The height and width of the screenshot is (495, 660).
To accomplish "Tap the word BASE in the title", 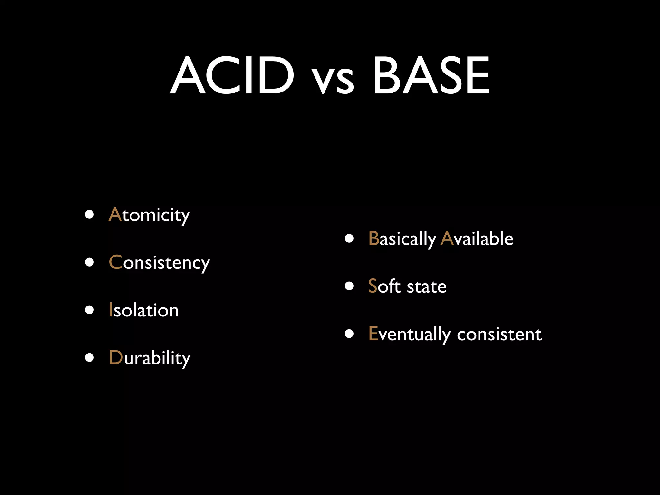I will coord(431,75).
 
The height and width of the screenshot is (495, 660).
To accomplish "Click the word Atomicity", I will coord(149,215).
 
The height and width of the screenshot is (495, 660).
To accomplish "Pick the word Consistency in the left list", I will coord(159,263).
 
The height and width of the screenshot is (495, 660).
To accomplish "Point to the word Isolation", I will coord(144,310).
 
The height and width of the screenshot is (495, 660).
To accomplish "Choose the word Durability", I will coord(150,358).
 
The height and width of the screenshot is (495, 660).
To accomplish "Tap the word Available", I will coord(477,238).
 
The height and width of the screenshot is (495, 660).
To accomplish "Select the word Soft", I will coord(384,286).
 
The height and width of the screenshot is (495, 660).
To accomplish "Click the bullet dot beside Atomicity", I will coord(89,215).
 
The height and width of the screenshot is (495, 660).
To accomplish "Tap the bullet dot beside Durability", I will coord(89,357).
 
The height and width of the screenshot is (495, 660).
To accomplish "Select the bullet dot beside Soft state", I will coord(349,286).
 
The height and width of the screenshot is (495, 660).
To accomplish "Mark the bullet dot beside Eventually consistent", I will coord(349,334).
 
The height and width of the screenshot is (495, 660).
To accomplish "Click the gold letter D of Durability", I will coord(116,358).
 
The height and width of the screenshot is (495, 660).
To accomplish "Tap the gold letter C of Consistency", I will coord(115,262).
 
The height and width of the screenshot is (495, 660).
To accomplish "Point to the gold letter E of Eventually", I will coord(373,334).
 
